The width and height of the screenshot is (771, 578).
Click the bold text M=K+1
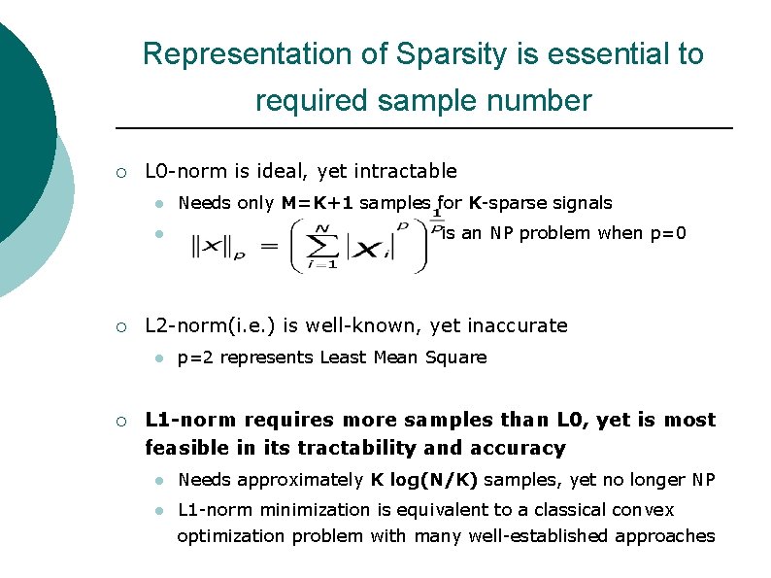318,203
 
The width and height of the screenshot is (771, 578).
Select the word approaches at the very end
670,536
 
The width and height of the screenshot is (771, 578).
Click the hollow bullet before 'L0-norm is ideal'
119,173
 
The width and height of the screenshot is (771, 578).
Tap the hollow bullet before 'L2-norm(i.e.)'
119,326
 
